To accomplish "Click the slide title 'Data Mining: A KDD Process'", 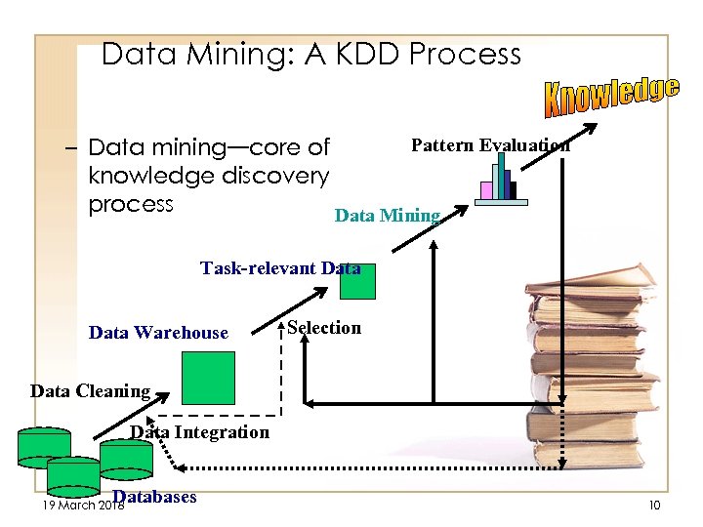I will tap(311, 54).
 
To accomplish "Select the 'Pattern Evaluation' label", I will tap(490, 145).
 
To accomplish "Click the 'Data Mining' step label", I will tap(388, 216).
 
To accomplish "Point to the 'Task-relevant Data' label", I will tap(280, 267).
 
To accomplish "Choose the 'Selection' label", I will tap(324, 328).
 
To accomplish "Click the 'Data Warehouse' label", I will tap(158, 333).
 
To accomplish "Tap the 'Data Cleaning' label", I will tap(90, 391).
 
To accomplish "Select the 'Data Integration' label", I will tap(200, 431).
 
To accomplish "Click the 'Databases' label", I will tap(154, 497).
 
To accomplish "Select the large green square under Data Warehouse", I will tap(209, 378).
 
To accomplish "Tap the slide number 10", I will tap(653, 505).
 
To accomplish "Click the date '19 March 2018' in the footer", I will tap(70, 505).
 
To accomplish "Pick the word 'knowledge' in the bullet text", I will tap(148, 176).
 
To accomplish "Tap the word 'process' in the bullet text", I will tap(130, 204).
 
